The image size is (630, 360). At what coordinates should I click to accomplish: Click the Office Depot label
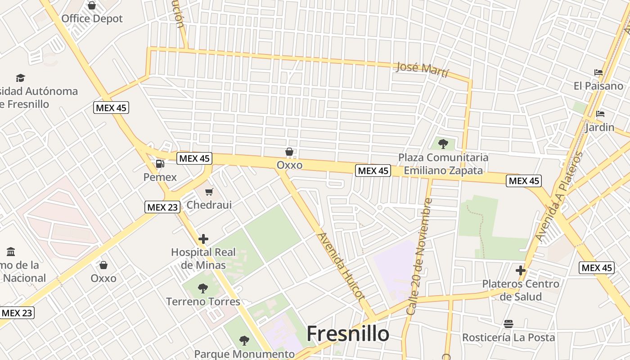(x=92, y=19)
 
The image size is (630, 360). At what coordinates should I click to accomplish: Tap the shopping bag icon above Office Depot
(x=92, y=5)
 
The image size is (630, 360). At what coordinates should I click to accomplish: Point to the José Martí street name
(x=422, y=69)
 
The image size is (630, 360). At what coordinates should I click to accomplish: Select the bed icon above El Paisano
(x=598, y=72)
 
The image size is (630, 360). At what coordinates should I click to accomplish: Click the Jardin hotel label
(x=599, y=127)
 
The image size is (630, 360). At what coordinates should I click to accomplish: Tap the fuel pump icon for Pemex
(x=160, y=164)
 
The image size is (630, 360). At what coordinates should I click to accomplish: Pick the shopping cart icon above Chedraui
(x=209, y=192)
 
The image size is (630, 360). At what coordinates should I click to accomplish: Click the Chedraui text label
(x=209, y=205)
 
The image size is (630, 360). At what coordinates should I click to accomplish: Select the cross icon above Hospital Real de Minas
(x=203, y=239)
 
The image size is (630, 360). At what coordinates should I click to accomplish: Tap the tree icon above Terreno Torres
(x=203, y=288)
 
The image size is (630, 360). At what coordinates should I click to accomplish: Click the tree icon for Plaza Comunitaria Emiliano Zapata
(x=443, y=144)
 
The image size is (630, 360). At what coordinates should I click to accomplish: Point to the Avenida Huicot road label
(x=341, y=266)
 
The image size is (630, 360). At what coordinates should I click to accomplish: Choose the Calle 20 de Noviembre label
(x=419, y=256)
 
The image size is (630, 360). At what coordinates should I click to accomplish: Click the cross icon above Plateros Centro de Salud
(x=521, y=270)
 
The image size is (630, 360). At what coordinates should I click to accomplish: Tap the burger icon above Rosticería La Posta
(x=508, y=324)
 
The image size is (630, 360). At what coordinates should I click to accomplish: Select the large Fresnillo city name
(x=348, y=334)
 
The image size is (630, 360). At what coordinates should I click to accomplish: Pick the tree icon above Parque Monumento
(x=244, y=340)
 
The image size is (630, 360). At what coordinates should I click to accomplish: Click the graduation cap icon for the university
(x=20, y=78)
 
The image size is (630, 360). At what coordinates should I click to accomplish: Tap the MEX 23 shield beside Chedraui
(x=162, y=207)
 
